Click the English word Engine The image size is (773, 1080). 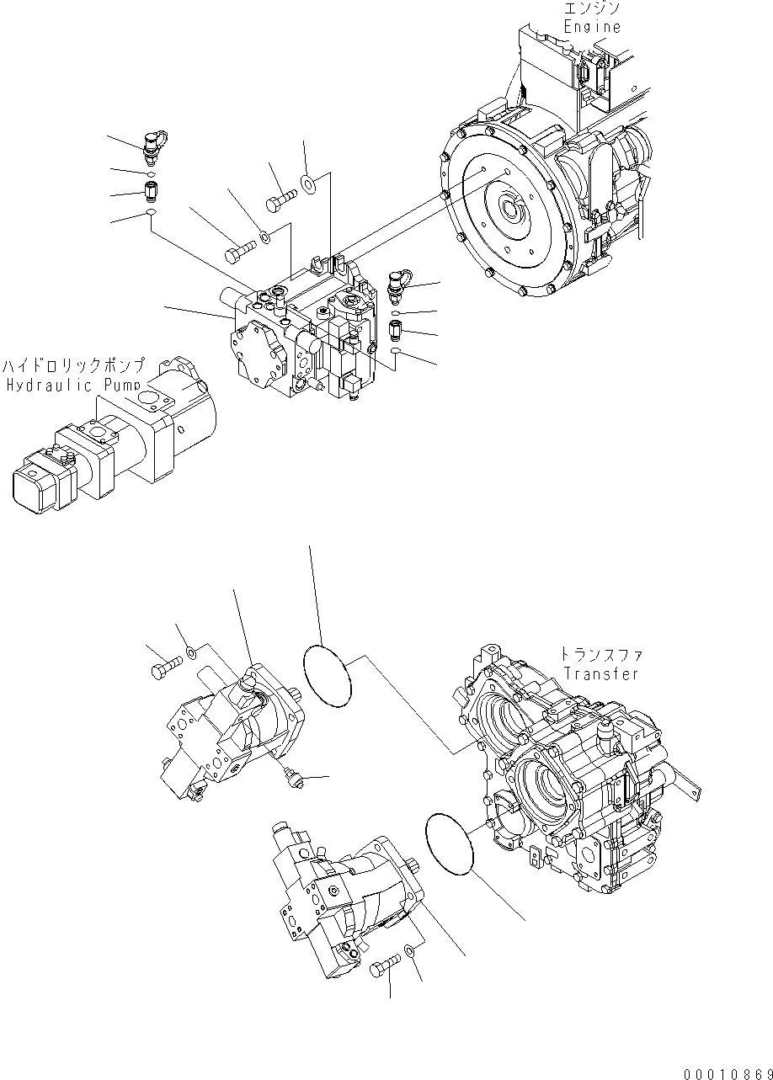tap(592, 26)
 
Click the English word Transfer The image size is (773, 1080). tap(600, 673)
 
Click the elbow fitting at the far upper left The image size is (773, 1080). tap(154, 143)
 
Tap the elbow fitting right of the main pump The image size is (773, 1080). tap(395, 284)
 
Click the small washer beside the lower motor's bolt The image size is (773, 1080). tap(409, 950)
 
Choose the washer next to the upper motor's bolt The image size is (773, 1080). tap(192, 652)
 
